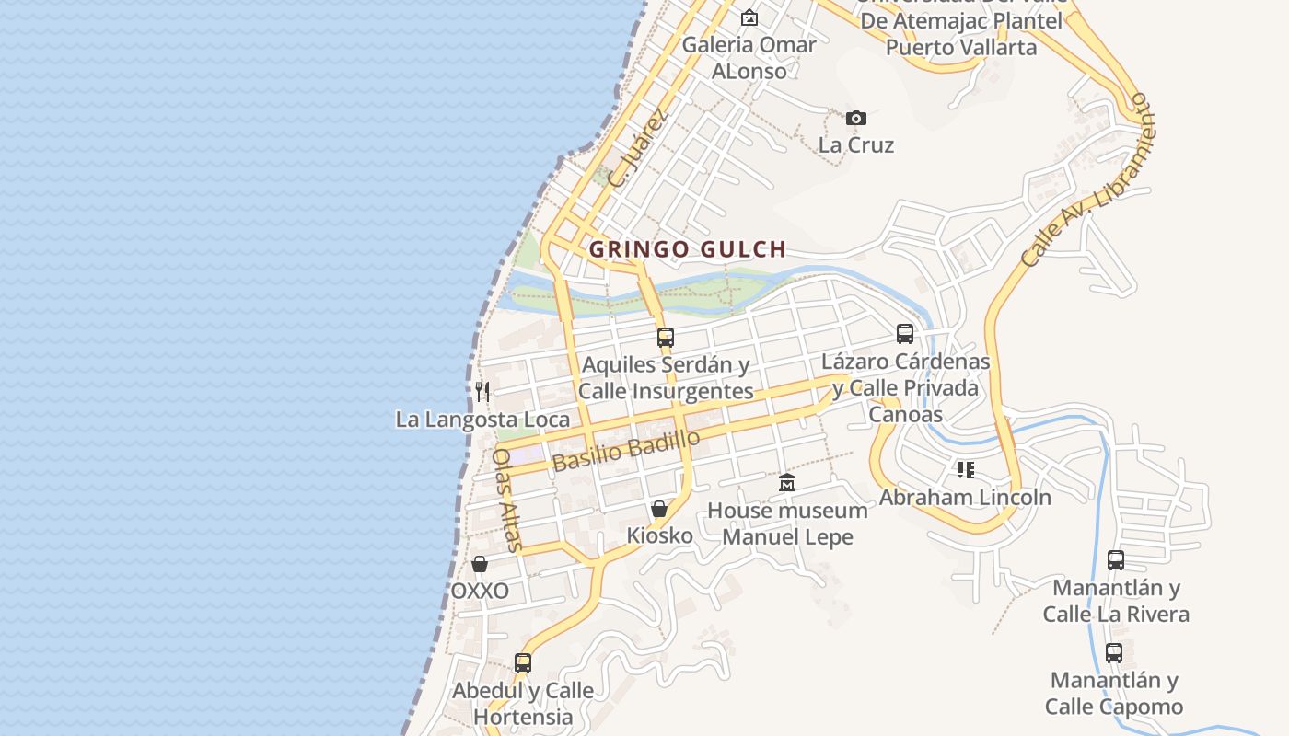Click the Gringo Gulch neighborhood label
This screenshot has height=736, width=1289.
(x=688, y=249)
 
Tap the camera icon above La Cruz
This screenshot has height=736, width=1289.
(x=856, y=118)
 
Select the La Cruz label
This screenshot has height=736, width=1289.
(x=856, y=145)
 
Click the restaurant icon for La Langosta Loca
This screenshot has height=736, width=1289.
(x=482, y=392)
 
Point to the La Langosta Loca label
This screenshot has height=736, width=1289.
(x=482, y=420)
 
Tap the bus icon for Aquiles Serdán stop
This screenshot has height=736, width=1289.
(x=666, y=338)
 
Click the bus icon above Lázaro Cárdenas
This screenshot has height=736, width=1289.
(x=905, y=334)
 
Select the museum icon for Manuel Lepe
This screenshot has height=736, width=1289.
(x=787, y=482)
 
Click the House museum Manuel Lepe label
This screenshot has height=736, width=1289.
(x=787, y=523)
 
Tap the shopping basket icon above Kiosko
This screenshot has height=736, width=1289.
(x=659, y=509)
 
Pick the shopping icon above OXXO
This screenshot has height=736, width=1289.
(x=480, y=564)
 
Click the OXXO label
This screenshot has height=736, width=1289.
(x=480, y=591)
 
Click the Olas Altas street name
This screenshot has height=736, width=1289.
(x=507, y=500)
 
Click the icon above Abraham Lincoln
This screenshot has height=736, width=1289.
(x=965, y=471)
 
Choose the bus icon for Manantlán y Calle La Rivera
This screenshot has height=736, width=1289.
(x=1116, y=560)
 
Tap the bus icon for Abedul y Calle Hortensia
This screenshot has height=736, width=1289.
(x=523, y=663)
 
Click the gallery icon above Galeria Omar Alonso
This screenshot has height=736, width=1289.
(x=749, y=17)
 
